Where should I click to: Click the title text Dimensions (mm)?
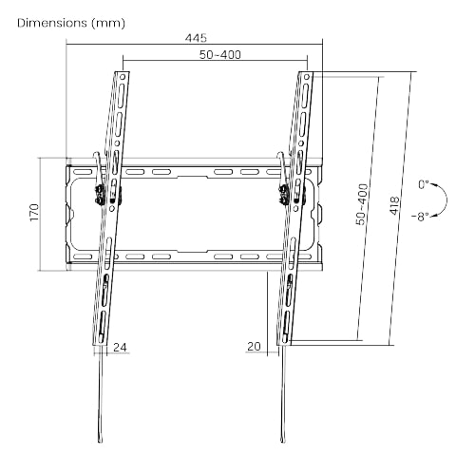click(71, 23)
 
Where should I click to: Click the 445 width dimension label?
click(196, 38)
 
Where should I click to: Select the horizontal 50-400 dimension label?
click(220, 55)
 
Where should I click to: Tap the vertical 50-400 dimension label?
click(363, 204)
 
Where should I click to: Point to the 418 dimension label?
click(394, 206)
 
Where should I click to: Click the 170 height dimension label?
click(34, 213)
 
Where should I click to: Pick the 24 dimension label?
click(120, 348)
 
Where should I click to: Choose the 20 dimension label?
click(254, 347)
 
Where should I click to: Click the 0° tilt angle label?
click(424, 184)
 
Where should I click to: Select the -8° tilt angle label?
click(420, 217)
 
